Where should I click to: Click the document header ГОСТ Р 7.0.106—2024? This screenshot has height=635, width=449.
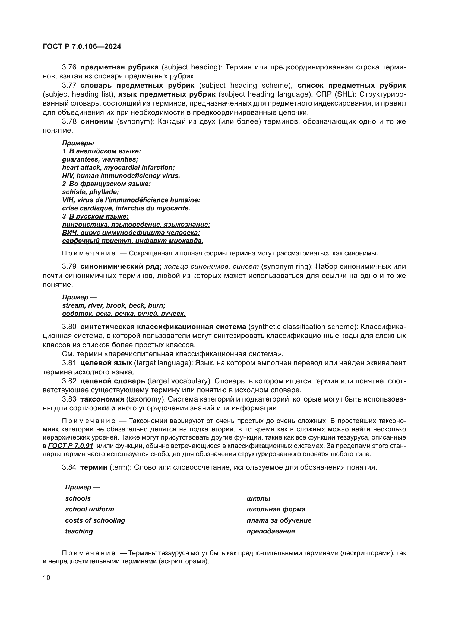(x=82, y=46)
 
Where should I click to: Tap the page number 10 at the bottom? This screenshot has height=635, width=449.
(x=46, y=577)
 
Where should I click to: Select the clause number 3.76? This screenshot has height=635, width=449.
(x=69, y=67)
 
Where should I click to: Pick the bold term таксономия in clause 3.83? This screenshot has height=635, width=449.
(x=102, y=399)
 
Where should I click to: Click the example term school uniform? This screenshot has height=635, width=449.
(x=89, y=509)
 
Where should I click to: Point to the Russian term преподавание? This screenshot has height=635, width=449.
(x=270, y=531)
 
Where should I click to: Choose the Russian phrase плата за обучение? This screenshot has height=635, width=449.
(x=279, y=520)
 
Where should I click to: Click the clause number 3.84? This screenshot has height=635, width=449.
(x=69, y=467)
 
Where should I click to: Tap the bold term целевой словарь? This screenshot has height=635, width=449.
(x=113, y=381)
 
